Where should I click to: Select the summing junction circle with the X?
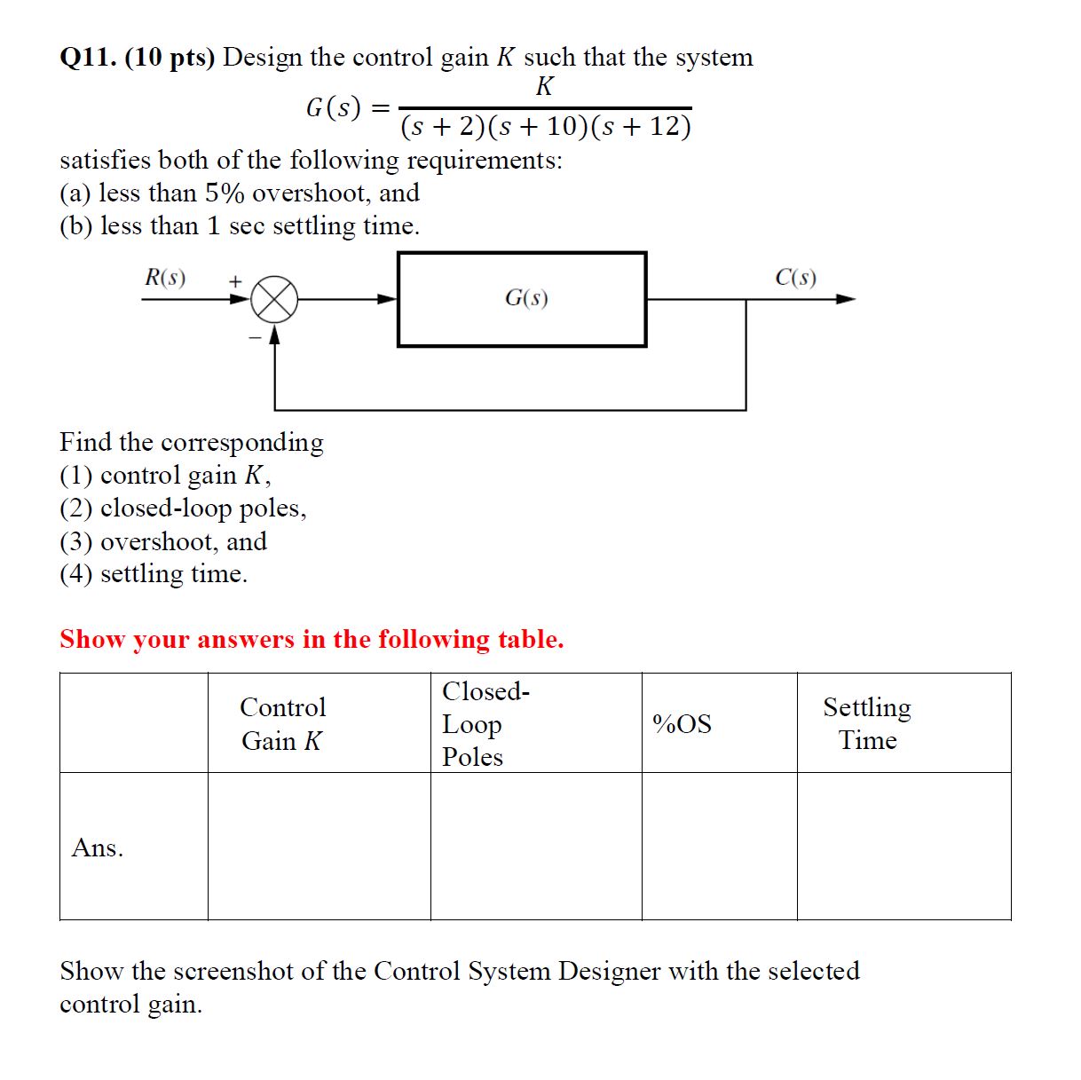click(273, 299)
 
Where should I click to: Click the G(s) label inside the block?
click(526, 298)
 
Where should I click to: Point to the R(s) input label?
click(165, 278)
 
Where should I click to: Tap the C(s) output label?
click(795, 278)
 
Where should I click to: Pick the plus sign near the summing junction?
click(235, 281)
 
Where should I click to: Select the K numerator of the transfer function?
click(544, 86)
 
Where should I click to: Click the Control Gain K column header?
click(283, 723)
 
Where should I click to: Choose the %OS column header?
click(682, 724)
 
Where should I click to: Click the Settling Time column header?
click(867, 723)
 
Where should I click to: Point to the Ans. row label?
click(98, 847)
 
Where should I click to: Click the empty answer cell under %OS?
click(719, 846)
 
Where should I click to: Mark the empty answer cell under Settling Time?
click(903, 846)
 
